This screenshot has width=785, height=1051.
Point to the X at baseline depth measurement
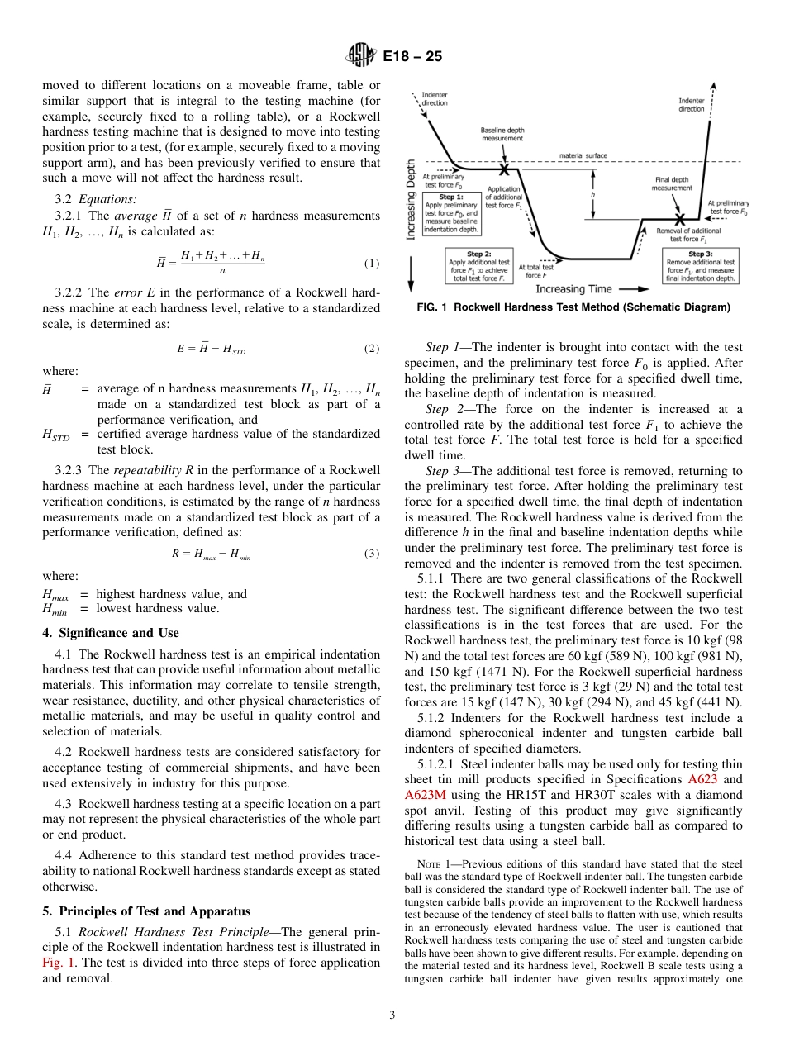click(503, 169)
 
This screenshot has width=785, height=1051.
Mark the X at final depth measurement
click(678, 220)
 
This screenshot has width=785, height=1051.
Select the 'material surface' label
click(583, 155)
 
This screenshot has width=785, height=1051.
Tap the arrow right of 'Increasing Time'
click(629, 289)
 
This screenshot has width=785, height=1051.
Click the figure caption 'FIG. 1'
click(431, 307)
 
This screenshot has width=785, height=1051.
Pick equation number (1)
click(371, 264)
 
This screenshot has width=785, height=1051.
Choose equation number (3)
click(371, 554)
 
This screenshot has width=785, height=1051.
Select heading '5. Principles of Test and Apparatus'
click(145, 911)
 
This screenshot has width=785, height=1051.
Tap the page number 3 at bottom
click(392, 1015)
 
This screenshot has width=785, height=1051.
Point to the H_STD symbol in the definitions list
click(56, 435)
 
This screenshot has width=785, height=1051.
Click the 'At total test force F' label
click(535, 270)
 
